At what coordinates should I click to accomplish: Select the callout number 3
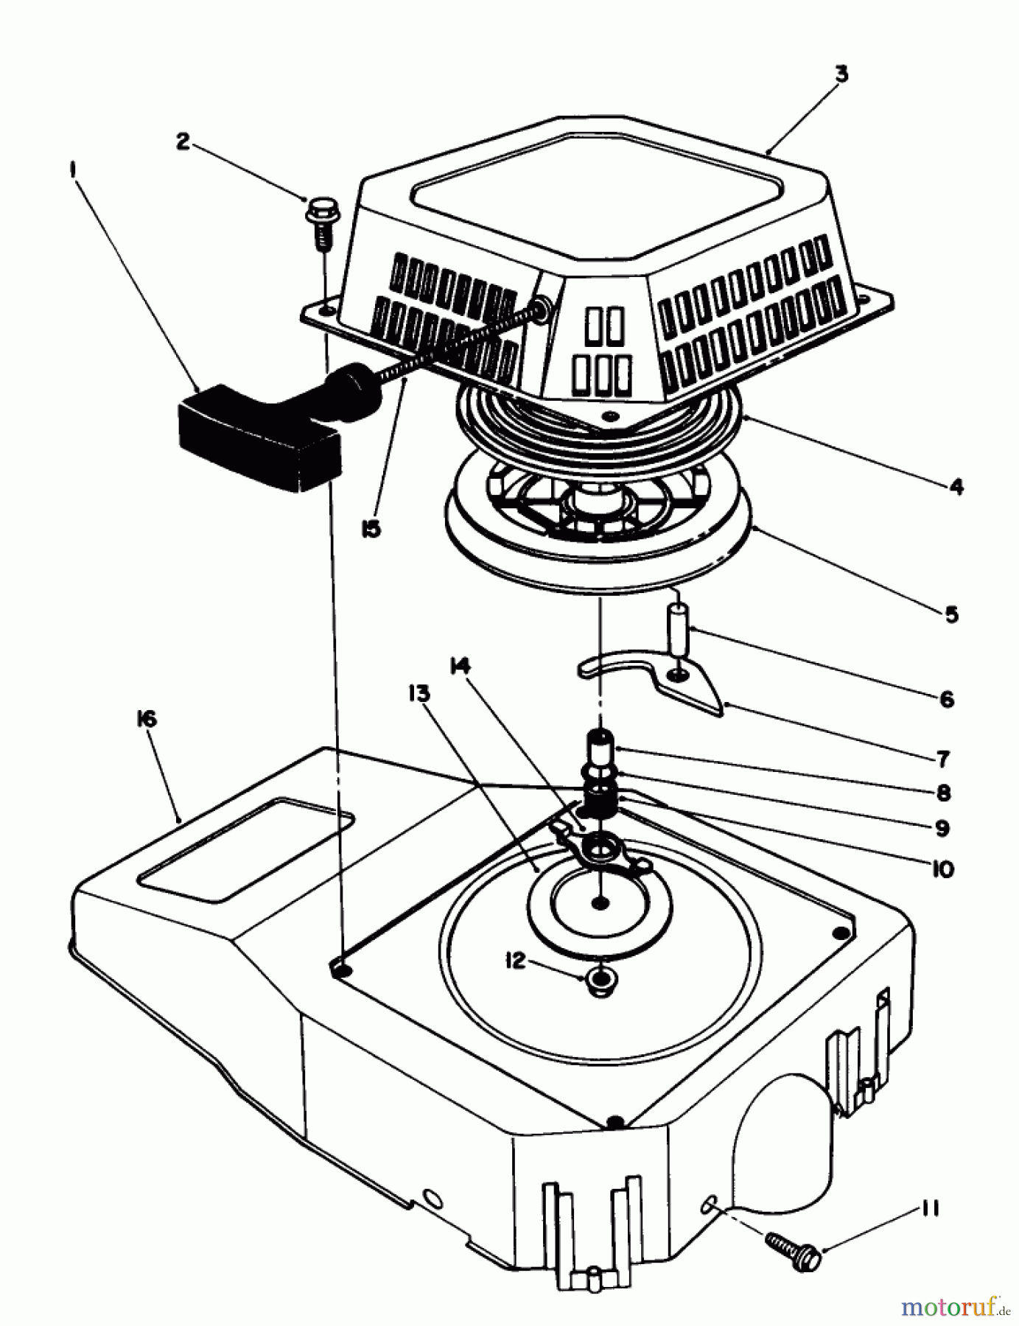click(841, 74)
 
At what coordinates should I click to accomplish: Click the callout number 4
click(955, 487)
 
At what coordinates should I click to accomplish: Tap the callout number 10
click(942, 869)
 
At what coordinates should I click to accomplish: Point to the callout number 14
click(461, 666)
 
